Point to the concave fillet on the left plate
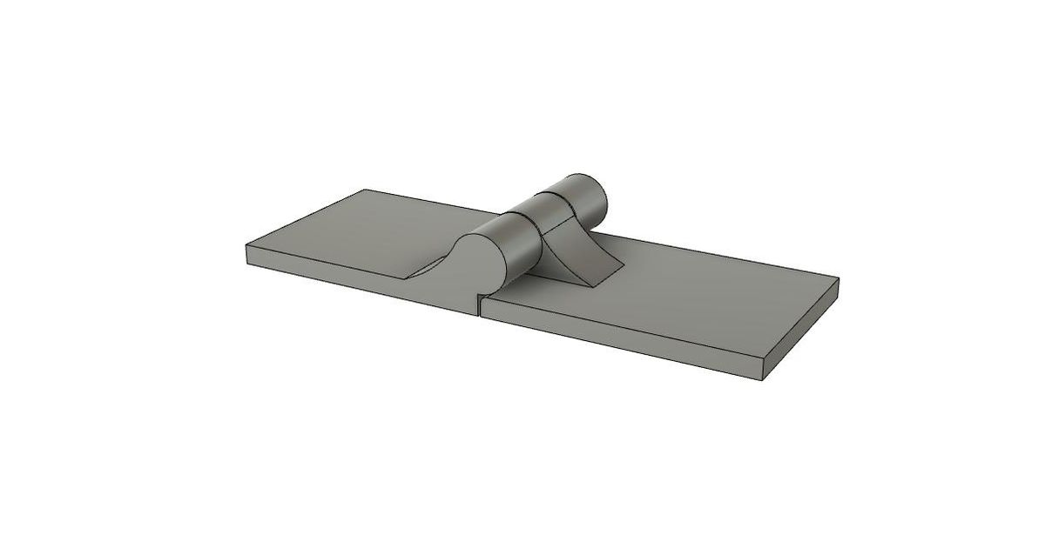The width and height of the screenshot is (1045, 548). point(435,261)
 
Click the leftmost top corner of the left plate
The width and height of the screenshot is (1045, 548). point(246,246)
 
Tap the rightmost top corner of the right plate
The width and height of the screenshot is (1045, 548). point(839,280)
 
